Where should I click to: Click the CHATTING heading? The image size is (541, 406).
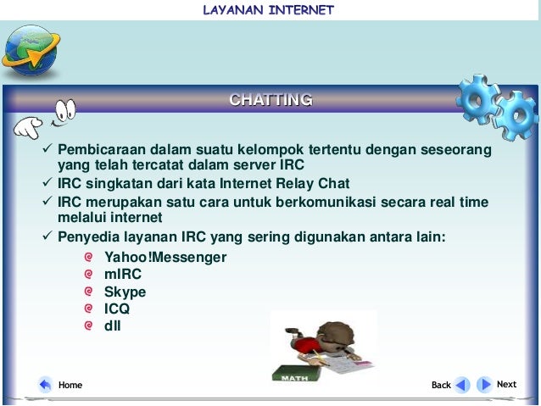(x=270, y=100)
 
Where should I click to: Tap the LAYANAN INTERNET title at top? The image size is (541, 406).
(x=269, y=10)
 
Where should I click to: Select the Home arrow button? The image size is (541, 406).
(x=46, y=385)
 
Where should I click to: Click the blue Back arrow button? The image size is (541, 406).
(x=461, y=385)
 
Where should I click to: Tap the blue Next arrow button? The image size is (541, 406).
(x=484, y=385)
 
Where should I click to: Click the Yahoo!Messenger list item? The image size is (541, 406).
(x=165, y=257)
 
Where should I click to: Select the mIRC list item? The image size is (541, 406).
(x=123, y=274)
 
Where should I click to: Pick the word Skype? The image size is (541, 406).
(x=125, y=292)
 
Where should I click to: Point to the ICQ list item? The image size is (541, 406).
(x=117, y=309)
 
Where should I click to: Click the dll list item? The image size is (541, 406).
(x=113, y=325)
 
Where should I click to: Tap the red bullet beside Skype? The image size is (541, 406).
(x=89, y=291)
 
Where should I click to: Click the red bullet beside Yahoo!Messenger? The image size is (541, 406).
(x=89, y=256)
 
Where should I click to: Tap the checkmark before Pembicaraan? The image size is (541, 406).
(x=47, y=150)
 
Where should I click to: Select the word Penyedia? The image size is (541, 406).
(x=86, y=236)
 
